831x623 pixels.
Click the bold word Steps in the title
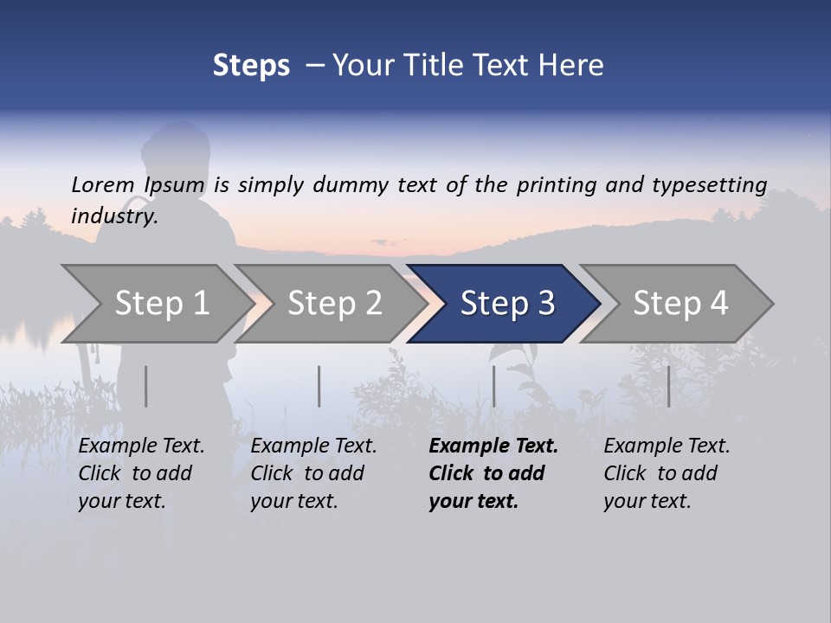[251, 66]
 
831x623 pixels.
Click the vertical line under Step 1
[146, 386]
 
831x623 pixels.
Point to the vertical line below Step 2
[319, 386]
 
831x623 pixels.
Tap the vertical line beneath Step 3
[494, 386]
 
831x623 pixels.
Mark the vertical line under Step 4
[669, 386]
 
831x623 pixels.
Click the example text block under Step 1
[140, 473]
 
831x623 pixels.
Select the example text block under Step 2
[312, 473]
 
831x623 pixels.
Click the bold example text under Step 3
[493, 473]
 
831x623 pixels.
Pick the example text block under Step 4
[666, 473]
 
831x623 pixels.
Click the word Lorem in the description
[102, 184]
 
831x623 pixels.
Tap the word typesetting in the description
[709, 185]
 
